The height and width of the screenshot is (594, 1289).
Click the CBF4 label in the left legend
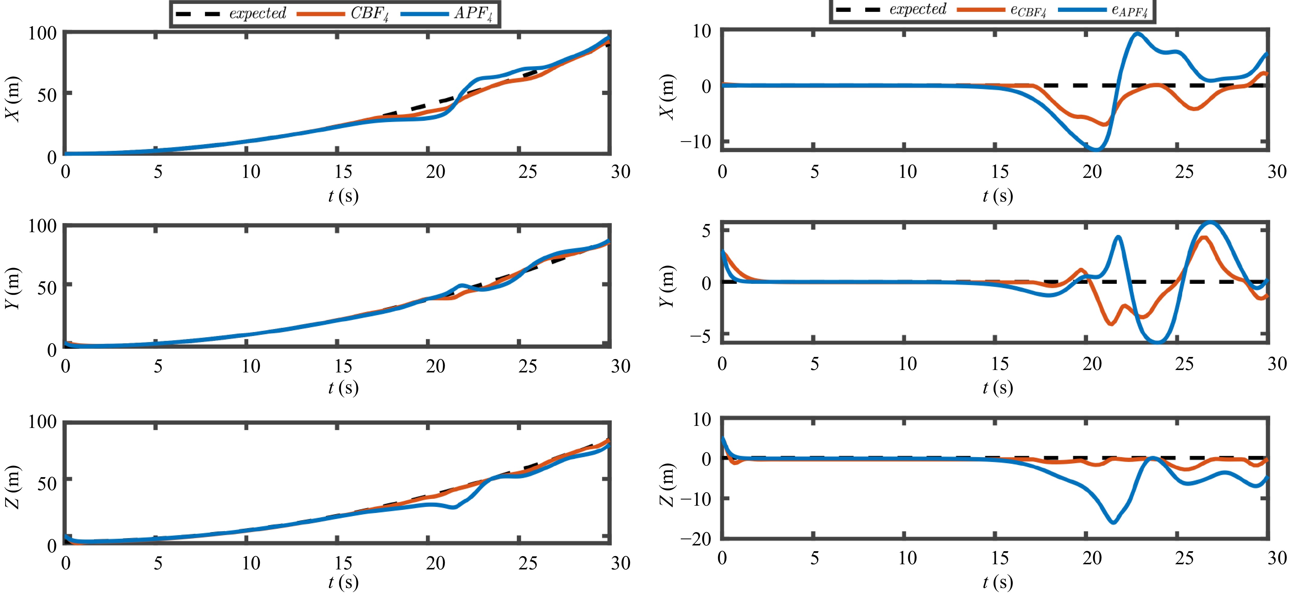click(x=369, y=14)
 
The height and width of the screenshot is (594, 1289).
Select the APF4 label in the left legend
click(x=473, y=14)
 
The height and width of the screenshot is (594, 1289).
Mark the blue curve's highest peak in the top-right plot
click(x=1137, y=34)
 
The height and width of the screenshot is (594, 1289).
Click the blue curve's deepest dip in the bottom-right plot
click(x=1113, y=522)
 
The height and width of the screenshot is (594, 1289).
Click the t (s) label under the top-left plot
click(x=343, y=196)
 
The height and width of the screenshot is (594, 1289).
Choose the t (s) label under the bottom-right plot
click(x=998, y=582)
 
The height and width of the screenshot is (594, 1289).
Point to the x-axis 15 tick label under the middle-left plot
click(x=343, y=366)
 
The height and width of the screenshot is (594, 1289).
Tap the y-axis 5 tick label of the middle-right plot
click(x=706, y=231)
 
